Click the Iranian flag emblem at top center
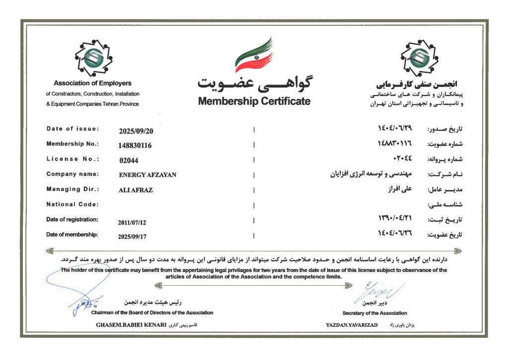pos(254,55)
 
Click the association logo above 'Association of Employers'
pos(93,55)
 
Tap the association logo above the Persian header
pos(420,55)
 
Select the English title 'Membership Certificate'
pos(254,101)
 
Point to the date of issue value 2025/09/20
pos(136,131)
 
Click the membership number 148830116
pos(135,146)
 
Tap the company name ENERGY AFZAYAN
pos(148,175)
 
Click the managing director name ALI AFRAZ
pos(136,190)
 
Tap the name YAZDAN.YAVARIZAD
pos(351,325)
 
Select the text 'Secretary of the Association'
pos(374,313)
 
